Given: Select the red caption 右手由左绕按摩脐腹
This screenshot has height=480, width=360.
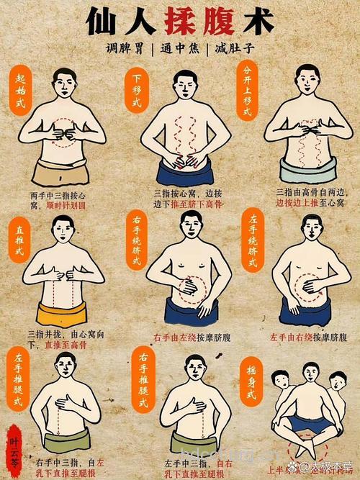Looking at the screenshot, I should pyautogui.click(x=191, y=337).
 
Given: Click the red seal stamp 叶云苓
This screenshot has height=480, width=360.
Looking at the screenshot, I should pyautogui.click(x=12, y=449).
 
